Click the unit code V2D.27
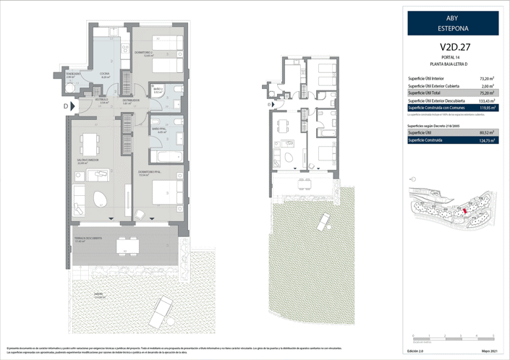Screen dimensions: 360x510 [x=452, y=49]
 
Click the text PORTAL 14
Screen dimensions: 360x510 [x=452, y=59]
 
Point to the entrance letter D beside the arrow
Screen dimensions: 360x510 [x=66, y=106]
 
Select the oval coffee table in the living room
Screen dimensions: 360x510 [x=98, y=198]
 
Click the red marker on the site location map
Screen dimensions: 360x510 [x=465, y=210]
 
